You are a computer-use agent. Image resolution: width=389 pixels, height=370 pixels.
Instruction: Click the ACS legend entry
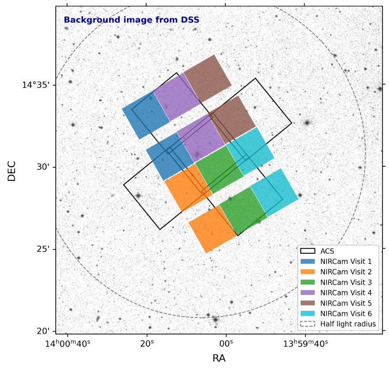(x=327, y=251)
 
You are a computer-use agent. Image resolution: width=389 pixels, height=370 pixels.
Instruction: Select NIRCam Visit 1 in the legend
(x=346, y=262)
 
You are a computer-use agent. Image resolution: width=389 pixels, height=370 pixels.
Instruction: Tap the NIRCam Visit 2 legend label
(x=346, y=272)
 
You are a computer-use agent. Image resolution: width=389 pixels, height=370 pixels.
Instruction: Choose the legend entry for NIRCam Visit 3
(x=346, y=283)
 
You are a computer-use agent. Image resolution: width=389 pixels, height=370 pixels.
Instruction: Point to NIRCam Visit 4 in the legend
(x=346, y=293)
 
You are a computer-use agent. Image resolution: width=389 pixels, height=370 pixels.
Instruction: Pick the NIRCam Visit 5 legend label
(x=346, y=303)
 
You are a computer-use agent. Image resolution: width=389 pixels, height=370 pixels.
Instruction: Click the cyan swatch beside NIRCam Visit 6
(x=308, y=314)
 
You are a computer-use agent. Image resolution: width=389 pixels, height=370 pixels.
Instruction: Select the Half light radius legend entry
(x=348, y=324)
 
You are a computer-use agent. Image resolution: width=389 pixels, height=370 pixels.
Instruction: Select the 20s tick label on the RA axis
(x=147, y=344)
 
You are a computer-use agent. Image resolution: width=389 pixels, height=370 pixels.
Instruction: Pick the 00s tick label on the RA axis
(x=226, y=344)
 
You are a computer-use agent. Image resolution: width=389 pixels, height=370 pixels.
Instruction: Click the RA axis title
(x=219, y=358)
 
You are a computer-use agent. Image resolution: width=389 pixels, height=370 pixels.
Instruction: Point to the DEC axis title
(x=12, y=171)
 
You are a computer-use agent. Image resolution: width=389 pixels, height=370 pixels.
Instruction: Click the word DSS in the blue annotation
(x=190, y=20)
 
